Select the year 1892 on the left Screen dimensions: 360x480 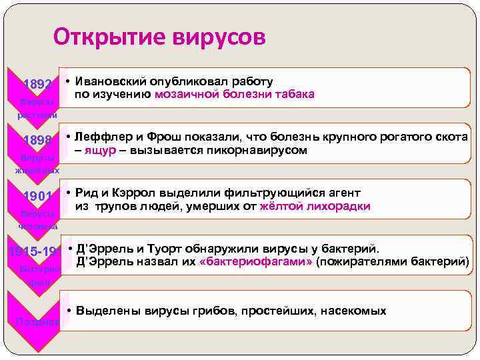pos(37,85)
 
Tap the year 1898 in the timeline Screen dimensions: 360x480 pos(37,141)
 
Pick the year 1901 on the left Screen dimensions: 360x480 pos(37,196)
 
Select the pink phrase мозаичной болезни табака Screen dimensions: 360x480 pos(234,95)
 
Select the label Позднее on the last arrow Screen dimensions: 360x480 pos(37,322)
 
